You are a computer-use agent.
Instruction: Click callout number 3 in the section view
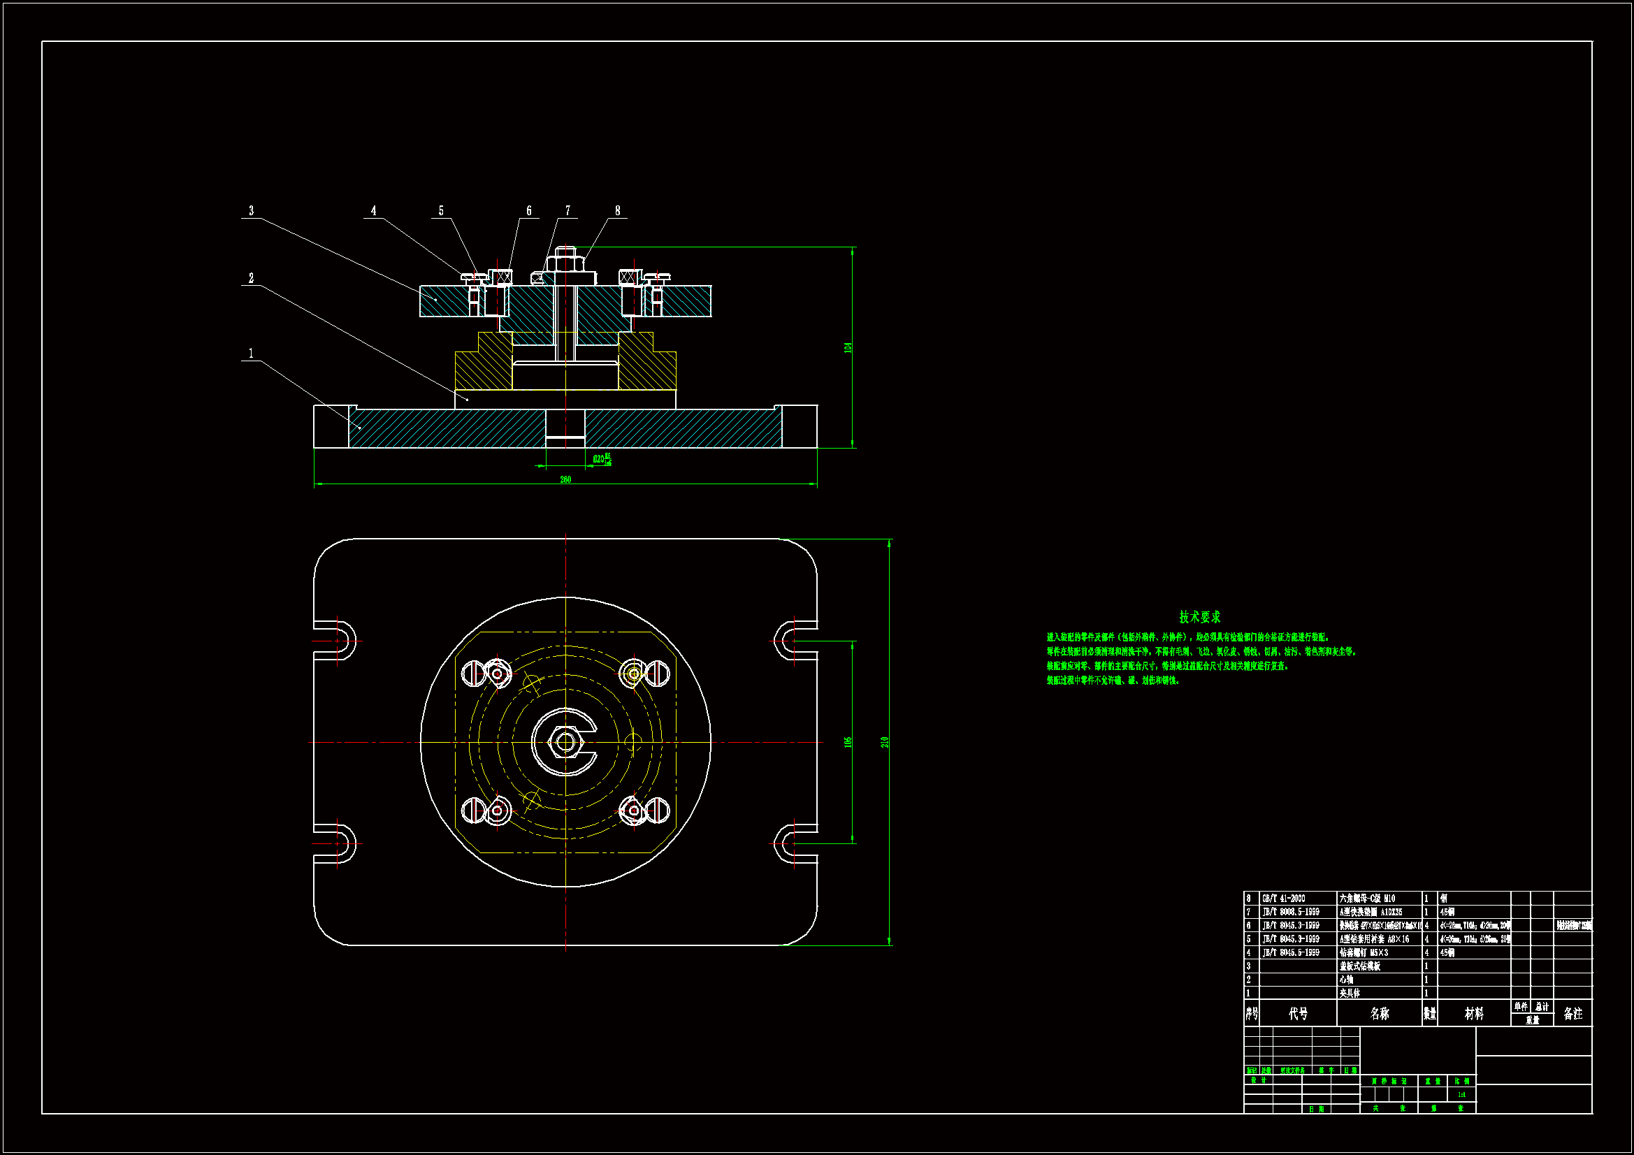250,210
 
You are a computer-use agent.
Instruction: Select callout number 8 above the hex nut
617,210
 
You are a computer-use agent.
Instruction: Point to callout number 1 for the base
250,353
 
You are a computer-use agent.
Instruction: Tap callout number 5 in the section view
440,210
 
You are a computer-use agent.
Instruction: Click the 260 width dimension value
565,479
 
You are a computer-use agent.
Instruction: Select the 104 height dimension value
848,347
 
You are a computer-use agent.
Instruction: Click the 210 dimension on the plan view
885,741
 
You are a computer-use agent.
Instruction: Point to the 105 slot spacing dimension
848,741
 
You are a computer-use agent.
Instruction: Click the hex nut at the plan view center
565,742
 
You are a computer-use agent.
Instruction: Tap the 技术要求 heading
1199,616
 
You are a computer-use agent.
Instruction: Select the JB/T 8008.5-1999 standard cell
1290,912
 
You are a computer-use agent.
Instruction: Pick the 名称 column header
1379,1013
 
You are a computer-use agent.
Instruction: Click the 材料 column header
1474,1013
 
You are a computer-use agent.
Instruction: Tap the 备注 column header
1572,1013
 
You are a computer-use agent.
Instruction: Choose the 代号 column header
1298,1013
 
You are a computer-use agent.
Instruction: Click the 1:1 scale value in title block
1461,1094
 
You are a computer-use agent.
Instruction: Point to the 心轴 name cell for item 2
1347,979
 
